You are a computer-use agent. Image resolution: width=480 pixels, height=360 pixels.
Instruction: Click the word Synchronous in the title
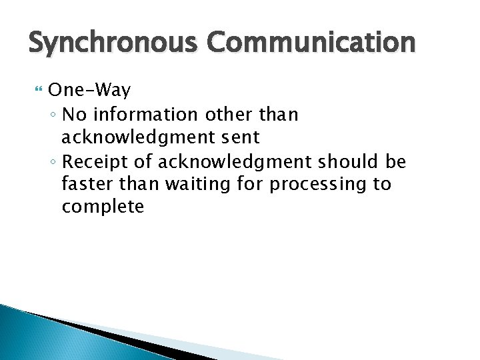click(113, 43)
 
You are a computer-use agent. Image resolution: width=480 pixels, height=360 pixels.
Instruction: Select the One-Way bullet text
click(89, 90)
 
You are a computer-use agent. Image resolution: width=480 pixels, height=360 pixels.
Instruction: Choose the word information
click(145, 115)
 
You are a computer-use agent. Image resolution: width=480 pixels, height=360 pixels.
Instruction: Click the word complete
click(102, 207)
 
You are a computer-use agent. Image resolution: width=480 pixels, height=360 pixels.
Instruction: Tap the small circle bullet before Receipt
click(53, 162)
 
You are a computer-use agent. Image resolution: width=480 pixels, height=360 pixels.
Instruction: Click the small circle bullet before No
click(53, 115)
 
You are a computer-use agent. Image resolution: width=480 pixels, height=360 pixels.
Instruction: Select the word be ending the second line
click(396, 161)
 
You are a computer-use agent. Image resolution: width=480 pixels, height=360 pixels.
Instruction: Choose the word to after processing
click(382, 184)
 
